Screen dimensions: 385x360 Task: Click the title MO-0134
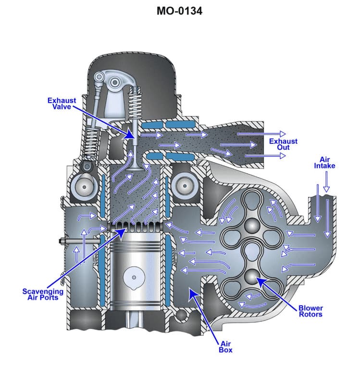(180, 10)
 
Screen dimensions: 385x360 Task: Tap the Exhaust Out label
(283, 144)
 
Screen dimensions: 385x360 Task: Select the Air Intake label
(324, 163)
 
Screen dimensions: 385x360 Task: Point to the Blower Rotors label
(310, 311)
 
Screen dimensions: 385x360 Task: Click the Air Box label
(226, 346)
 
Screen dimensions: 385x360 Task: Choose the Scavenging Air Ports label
(43, 294)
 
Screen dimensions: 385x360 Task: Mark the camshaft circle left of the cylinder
(80, 185)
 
